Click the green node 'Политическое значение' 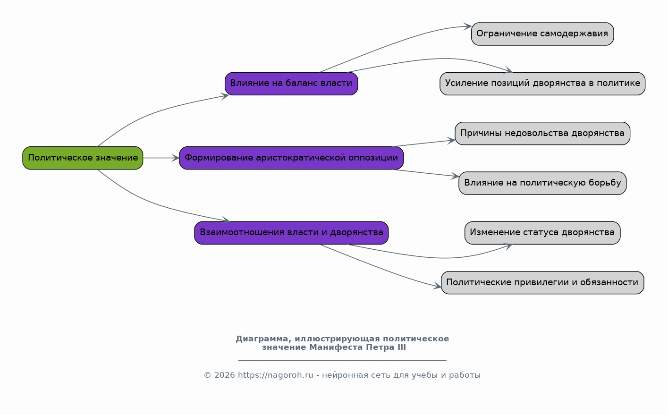coord(83,158)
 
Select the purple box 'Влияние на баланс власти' coord(291,84)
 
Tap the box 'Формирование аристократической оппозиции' coord(291,158)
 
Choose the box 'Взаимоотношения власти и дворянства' coord(291,233)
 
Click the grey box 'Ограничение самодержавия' coord(542,34)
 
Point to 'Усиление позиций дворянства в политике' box coord(542,84)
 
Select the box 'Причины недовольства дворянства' coord(542,133)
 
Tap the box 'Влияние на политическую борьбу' coord(542,183)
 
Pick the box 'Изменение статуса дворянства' coord(542,233)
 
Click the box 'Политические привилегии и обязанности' coord(542,282)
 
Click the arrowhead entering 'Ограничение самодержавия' coord(467,26)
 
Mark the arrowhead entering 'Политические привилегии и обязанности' coord(437,287)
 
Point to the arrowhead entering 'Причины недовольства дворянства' coord(451,141)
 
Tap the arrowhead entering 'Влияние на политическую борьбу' coord(455,176)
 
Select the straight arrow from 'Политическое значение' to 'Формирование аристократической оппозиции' coord(161,158)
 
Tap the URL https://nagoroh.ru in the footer coord(275,375)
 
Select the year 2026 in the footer coord(224,375)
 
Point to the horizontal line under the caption coord(342,360)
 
